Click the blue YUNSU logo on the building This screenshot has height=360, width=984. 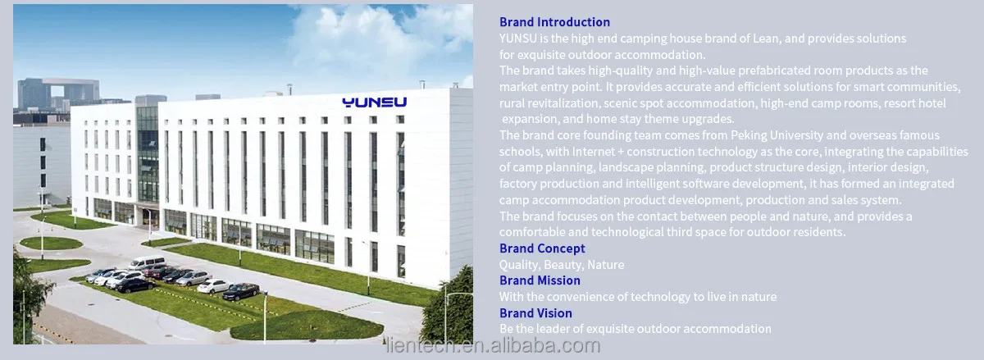pos(374,103)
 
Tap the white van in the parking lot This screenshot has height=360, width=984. pos(147,262)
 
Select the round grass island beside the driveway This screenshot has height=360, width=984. pos(52,243)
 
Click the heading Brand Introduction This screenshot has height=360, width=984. pos(554,22)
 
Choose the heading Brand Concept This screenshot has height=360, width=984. pos(542,248)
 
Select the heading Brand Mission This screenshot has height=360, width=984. pos(540,280)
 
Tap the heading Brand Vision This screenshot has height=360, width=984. pos(535,313)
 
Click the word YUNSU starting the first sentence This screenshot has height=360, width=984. pos(518,39)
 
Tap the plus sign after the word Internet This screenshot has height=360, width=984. pos(621,152)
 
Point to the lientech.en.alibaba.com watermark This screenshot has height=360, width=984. pos(494,345)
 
